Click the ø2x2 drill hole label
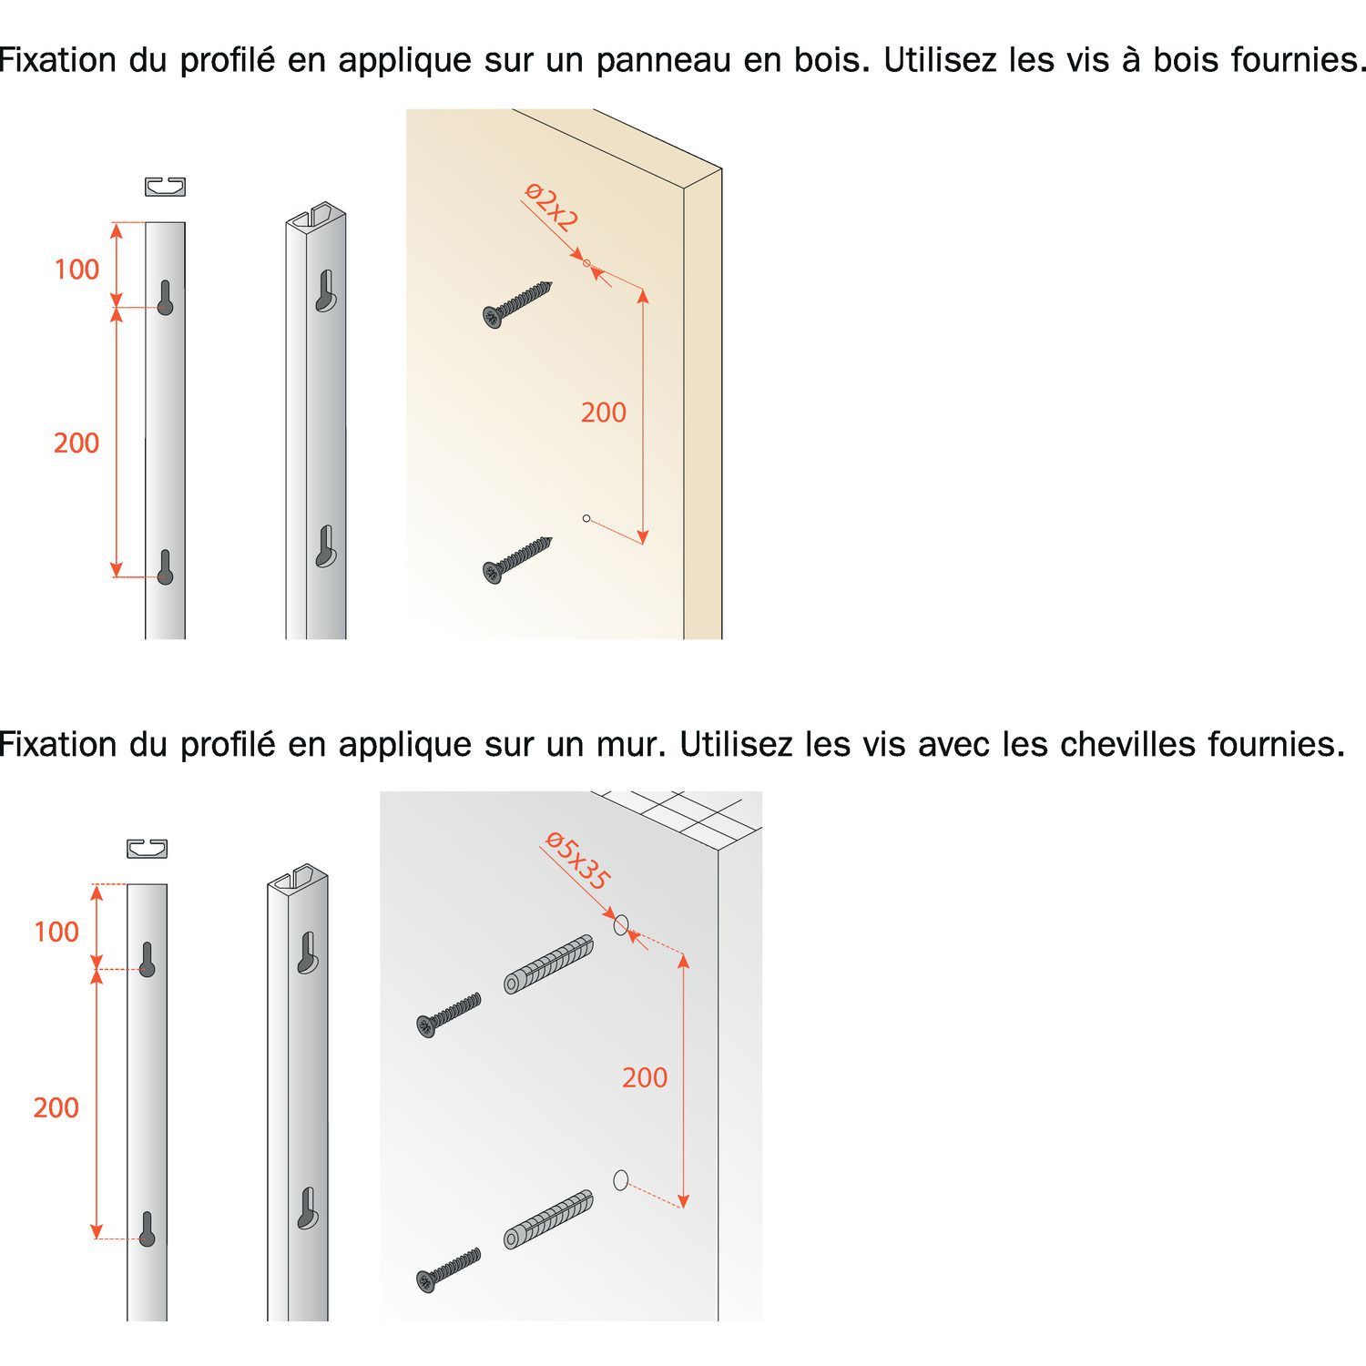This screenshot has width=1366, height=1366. point(552,208)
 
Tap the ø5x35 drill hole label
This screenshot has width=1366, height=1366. point(577,861)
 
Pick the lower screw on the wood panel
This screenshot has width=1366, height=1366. point(517,560)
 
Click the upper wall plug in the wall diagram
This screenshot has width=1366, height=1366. point(549,963)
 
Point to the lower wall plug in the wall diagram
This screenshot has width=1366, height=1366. point(549,1219)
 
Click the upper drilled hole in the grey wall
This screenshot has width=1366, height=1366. point(621,925)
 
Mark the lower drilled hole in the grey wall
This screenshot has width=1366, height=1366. point(621,1180)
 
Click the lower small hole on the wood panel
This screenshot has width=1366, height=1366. point(586,518)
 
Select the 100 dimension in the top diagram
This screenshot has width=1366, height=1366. point(76,270)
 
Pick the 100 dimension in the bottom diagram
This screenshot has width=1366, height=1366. point(56,932)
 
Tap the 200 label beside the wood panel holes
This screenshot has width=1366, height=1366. point(604,413)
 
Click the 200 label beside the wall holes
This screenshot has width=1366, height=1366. point(645,1077)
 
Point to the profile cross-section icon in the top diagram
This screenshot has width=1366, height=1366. point(165,187)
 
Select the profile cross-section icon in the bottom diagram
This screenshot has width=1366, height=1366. point(147,849)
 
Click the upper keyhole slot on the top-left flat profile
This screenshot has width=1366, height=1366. point(165,297)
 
